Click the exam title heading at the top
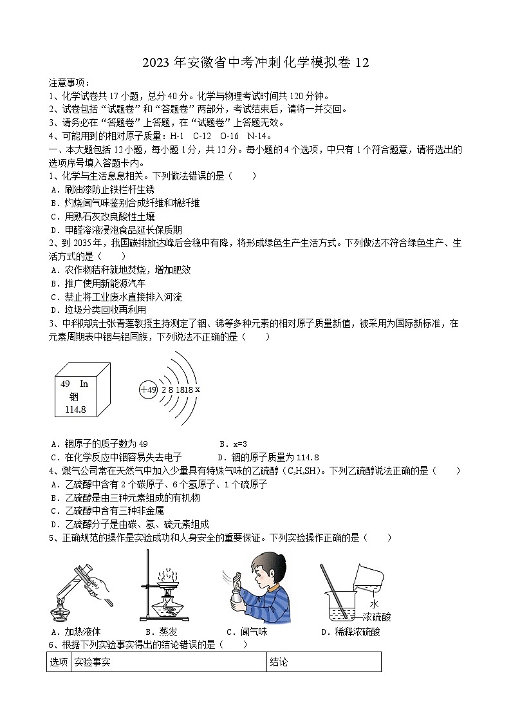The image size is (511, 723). click(x=256, y=62)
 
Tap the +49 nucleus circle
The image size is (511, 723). click(x=149, y=390)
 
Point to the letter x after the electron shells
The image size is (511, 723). click(x=198, y=390)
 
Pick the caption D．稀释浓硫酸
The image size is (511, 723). click(x=350, y=632)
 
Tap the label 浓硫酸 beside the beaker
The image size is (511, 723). click(x=376, y=617)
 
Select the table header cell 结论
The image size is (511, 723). click(x=279, y=662)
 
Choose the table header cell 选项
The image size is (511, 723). click(x=59, y=662)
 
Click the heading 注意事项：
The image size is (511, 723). click(x=70, y=82)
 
